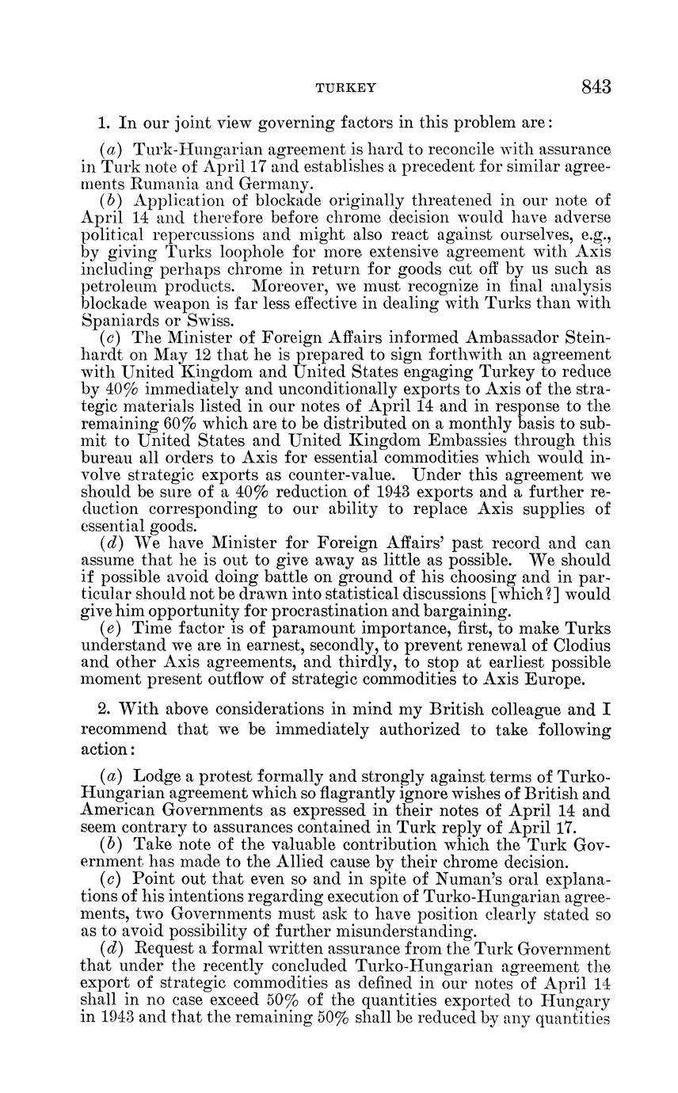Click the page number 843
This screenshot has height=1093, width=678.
coord(596,87)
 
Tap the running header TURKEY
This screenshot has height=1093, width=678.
coord(346,89)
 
